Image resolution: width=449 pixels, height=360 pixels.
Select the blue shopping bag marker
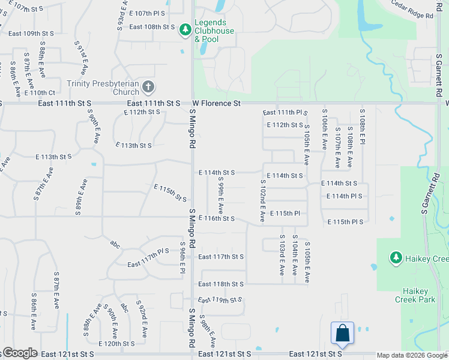342,334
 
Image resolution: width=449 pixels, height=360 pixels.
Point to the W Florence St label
216,104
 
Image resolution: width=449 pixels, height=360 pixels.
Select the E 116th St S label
216,218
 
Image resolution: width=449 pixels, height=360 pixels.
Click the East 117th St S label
221,257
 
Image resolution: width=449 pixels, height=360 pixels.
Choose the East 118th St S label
221,284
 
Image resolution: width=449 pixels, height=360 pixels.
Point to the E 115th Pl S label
345,222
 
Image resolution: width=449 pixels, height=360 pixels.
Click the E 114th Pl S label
345,196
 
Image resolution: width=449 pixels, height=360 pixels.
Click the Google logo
19,353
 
